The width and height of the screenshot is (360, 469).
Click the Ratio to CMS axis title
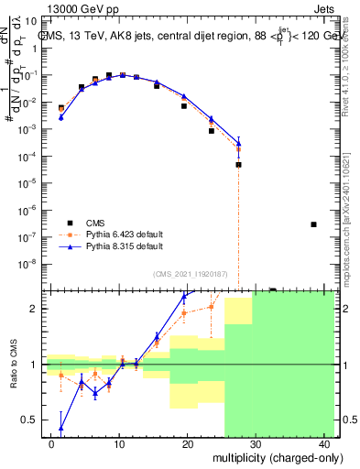(13, 365)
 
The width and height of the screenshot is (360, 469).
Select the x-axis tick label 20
(188, 444)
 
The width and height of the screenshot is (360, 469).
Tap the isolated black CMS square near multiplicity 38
(313, 224)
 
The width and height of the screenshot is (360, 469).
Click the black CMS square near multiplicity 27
(238, 165)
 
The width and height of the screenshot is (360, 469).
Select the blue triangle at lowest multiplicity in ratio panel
(61, 428)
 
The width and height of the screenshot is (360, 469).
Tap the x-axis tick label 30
(256, 444)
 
